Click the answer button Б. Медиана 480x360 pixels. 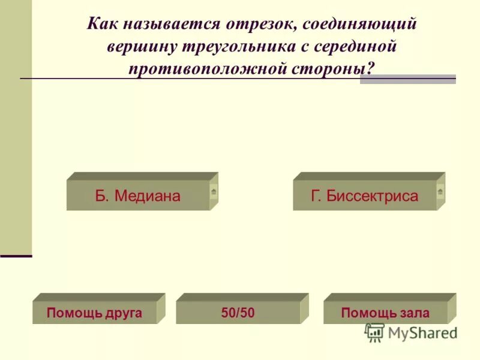[138, 196]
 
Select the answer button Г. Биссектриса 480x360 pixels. [365, 196]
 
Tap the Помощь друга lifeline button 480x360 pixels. [94, 313]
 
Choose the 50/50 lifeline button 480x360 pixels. [238, 313]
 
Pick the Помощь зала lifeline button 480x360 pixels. [385, 313]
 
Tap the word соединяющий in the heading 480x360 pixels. [360, 25]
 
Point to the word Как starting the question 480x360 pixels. [102, 25]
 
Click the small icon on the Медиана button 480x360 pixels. [214, 192]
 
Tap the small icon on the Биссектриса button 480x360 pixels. [440, 192]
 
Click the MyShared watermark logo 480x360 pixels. [411, 332]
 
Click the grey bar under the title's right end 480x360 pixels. [407, 80]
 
